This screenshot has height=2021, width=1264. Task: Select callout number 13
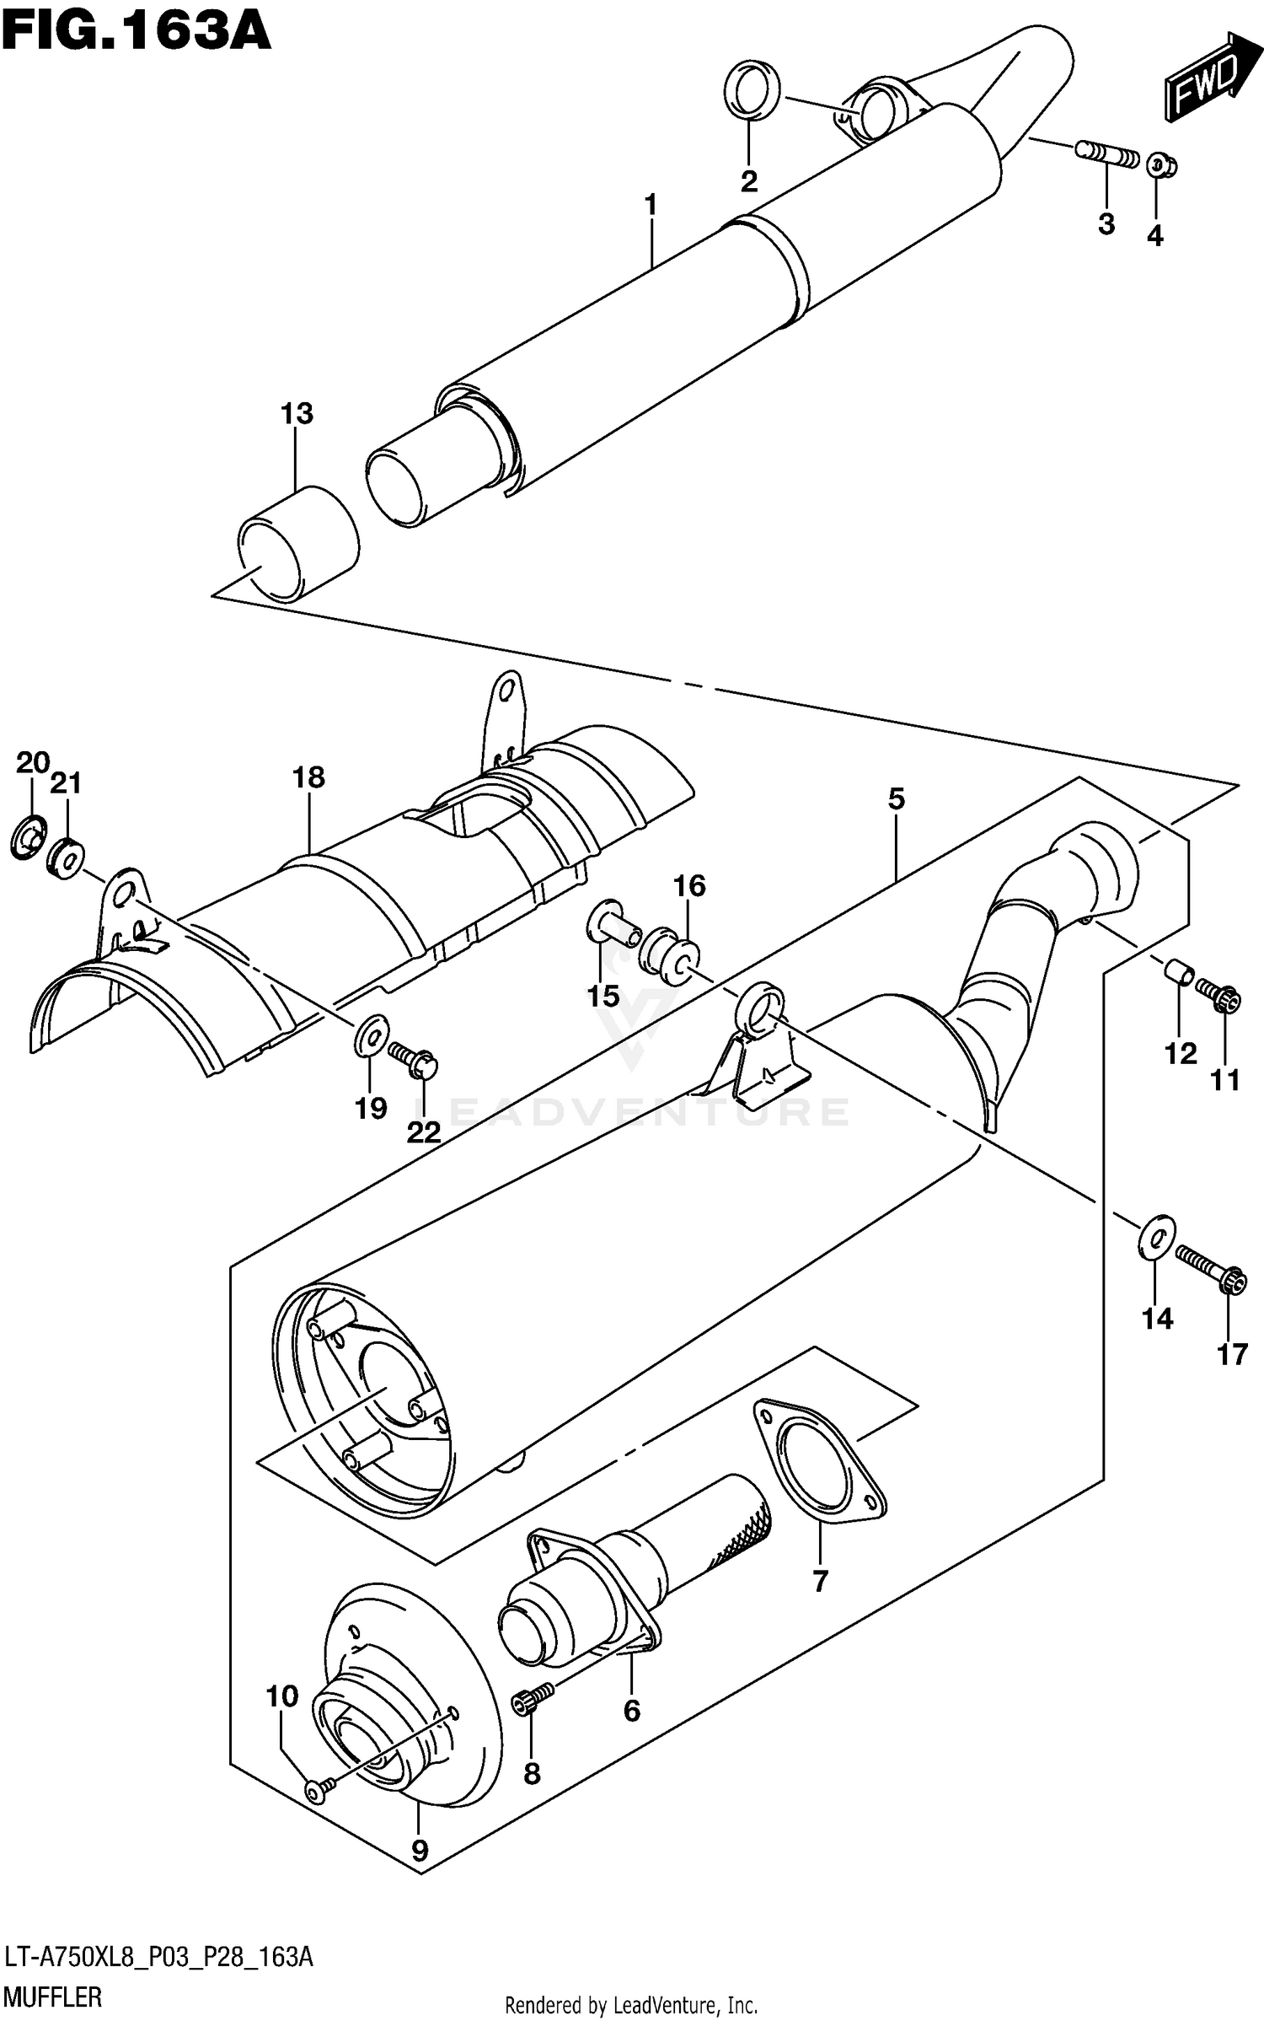coord(297,414)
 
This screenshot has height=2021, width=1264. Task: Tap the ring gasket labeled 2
coord(751,89)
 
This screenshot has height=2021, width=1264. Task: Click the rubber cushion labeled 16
coord(671,954)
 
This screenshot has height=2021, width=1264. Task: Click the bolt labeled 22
coord(413,1059)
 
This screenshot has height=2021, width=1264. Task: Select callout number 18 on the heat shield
coord(308,777)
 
